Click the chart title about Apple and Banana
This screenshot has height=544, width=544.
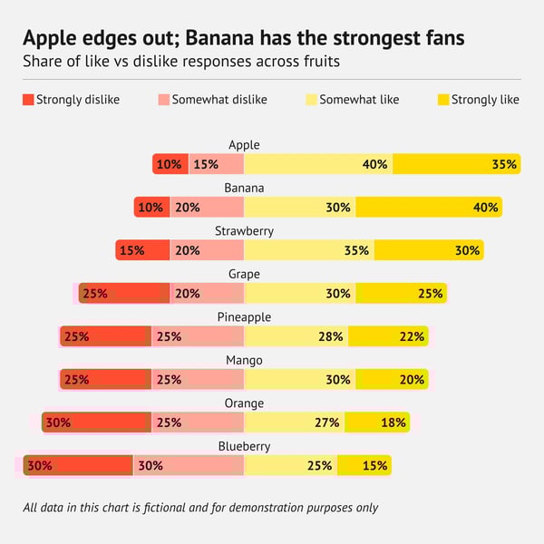(x=244, y=39)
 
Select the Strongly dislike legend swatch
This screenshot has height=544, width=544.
(x=28, y=100)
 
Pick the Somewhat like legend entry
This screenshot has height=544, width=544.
(x=359, y=100)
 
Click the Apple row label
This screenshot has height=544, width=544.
(x=244, y=144)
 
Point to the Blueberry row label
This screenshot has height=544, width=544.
(x=244, y=446)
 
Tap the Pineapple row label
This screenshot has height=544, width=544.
(x=244, y=316)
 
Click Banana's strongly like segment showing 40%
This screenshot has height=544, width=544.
(x=428, y=207)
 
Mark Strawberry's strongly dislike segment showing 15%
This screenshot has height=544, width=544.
(x=142, y=250)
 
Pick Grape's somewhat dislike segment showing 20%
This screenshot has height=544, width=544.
(x=207, y=293)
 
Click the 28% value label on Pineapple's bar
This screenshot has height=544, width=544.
(x=331, y=336)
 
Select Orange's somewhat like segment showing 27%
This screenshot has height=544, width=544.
(x=294, y=423)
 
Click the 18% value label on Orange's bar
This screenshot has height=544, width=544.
(x=393, y=423)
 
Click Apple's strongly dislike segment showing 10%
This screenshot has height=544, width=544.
(x=170, y=164)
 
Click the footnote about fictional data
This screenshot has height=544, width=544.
(x=200, y=508)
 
